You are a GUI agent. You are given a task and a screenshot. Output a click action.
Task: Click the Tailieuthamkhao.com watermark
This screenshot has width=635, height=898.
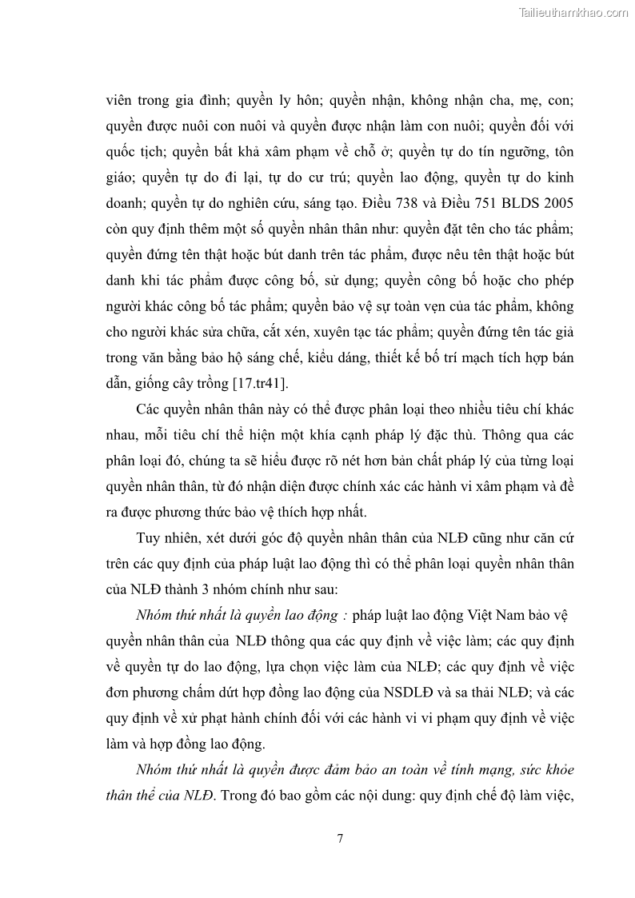[x=573, y=12]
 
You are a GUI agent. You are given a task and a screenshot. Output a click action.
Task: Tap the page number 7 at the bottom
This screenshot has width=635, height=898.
[x=341, y=838]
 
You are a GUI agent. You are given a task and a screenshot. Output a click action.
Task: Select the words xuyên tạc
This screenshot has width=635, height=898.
[x=329, y=331]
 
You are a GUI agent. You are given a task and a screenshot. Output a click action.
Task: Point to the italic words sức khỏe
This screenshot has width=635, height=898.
[x=541, y=769]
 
